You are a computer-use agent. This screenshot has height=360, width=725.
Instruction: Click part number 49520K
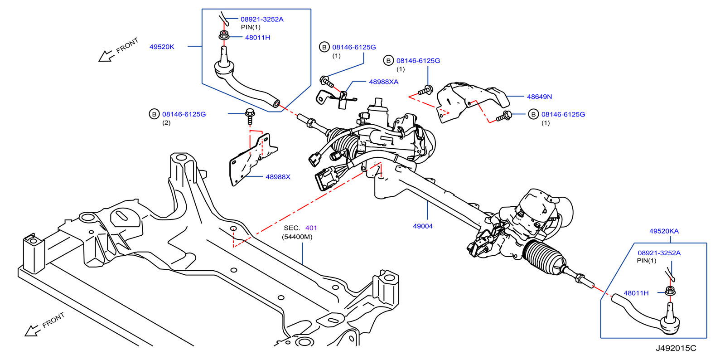coord(162,47)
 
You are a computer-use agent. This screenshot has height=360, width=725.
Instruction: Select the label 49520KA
coord(664,231)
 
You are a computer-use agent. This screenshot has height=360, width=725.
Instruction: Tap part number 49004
coord(422,226)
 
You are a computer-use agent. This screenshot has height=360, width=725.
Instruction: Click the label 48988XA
coord(383,82)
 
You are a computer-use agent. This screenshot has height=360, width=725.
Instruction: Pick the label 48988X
coord(278,177)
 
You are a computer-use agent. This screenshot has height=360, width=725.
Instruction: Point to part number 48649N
coord(539,97)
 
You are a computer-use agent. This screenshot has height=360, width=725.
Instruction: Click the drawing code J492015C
coord(676,348)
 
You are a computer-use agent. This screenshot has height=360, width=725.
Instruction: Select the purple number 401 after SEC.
coord(311,228)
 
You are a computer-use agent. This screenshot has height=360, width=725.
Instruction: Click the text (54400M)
coord(297,237)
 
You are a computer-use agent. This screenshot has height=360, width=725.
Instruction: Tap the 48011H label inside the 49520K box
coord(257,38)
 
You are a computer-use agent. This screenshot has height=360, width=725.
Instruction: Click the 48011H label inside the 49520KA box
coord(636,293)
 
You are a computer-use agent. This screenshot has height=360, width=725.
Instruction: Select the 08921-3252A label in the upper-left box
coord(262,19)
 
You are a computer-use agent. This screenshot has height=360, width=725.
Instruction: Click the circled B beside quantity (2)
coord(154,114)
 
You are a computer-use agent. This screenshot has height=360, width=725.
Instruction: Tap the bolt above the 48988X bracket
coord(250,115)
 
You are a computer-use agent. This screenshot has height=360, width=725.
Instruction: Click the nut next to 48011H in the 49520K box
coord(223,35)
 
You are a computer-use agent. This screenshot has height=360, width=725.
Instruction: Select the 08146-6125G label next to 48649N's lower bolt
coord(563,115)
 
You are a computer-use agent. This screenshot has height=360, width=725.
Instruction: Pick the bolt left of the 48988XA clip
coord(326,82)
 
